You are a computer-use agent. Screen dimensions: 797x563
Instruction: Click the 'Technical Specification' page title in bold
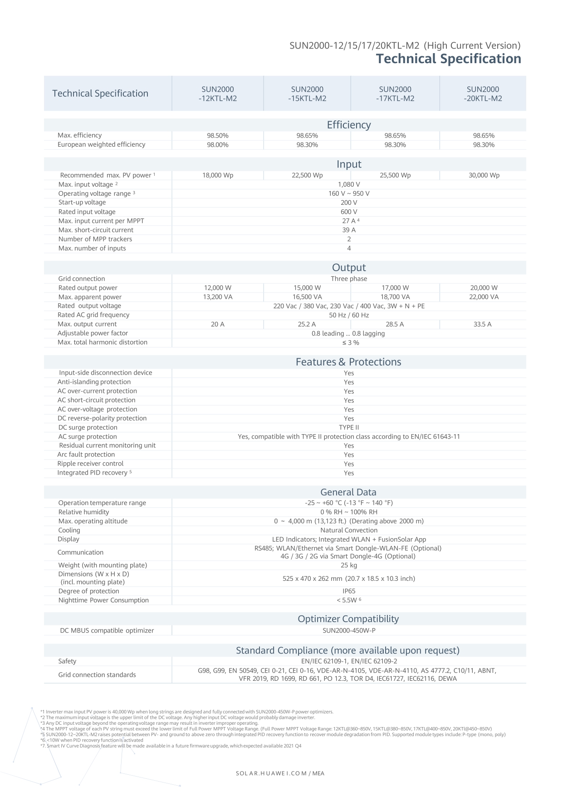pos(448,59)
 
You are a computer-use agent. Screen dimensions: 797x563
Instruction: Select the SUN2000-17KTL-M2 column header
pos(395,94)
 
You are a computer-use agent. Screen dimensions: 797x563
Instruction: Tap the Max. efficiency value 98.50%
pos(218,136)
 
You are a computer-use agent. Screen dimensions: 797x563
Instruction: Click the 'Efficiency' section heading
pos(348,125)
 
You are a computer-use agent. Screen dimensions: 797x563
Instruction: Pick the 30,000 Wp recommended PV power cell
pos(484,175)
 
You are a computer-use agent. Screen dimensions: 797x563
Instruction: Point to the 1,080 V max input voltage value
pos(349,184)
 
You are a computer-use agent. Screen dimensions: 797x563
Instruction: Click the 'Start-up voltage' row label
pos(82,203)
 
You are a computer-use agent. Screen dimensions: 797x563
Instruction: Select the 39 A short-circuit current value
pos(349,230)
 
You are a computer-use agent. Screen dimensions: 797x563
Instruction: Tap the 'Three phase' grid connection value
pos(349,279)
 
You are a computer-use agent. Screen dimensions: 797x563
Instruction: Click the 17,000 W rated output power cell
pos(395,288)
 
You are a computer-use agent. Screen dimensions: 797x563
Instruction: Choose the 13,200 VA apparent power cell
pos(218,297)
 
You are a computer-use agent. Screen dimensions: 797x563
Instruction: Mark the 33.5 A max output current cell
pos(483,324)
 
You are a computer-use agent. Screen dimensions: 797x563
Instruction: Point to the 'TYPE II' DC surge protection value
pos(349,427)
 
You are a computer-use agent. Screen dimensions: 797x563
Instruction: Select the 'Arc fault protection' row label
pos(86,455)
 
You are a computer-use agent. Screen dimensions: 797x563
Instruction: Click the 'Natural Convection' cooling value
pos(349,530)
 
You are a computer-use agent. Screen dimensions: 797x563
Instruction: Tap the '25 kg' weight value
pos(349,565)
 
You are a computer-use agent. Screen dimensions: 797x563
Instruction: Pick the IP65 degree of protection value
pos(349,591)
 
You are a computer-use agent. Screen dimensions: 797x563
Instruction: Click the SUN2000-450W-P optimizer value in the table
pos(349,631)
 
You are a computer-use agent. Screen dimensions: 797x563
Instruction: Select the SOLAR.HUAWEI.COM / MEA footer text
pos(280,773)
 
